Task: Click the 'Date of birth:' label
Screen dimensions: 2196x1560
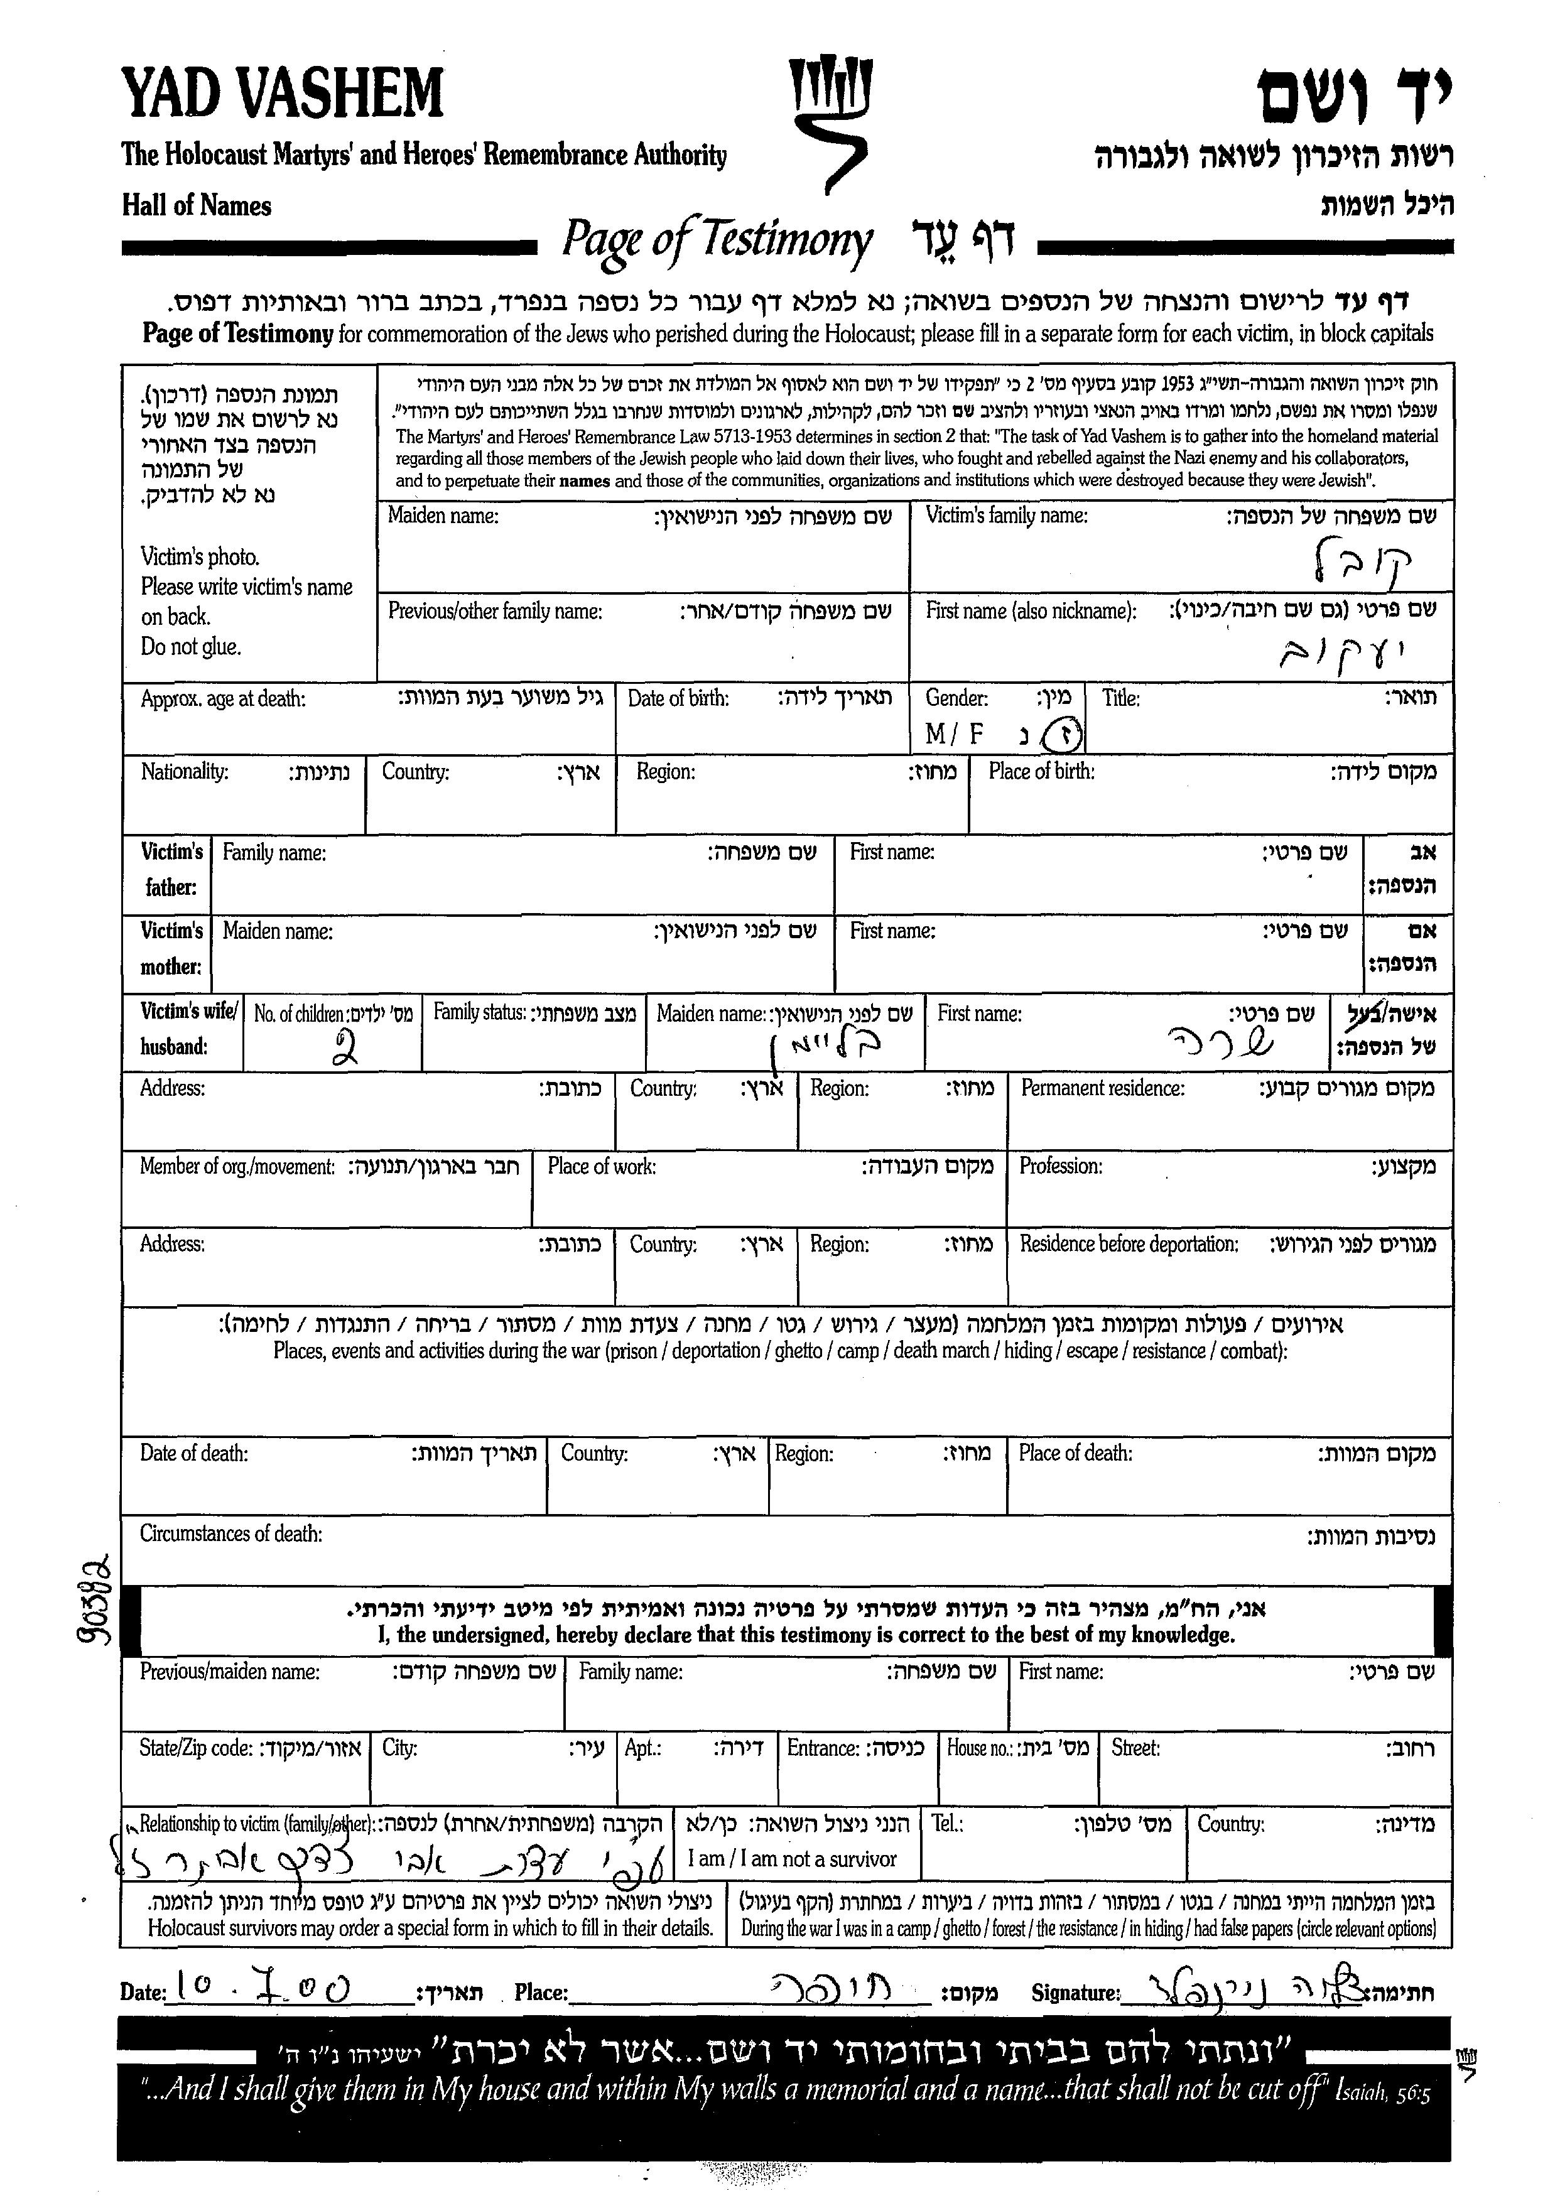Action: [x=678, y=698]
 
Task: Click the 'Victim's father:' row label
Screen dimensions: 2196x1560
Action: [x=171, y=869]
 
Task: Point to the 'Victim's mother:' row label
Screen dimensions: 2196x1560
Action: [x=171, y=948]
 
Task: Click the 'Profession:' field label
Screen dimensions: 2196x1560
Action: [x=1061, y=1166]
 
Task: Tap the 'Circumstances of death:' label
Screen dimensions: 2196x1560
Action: [x=230, y=1533]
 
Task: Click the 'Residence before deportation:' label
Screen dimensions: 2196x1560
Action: [x=1129, y=1244]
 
